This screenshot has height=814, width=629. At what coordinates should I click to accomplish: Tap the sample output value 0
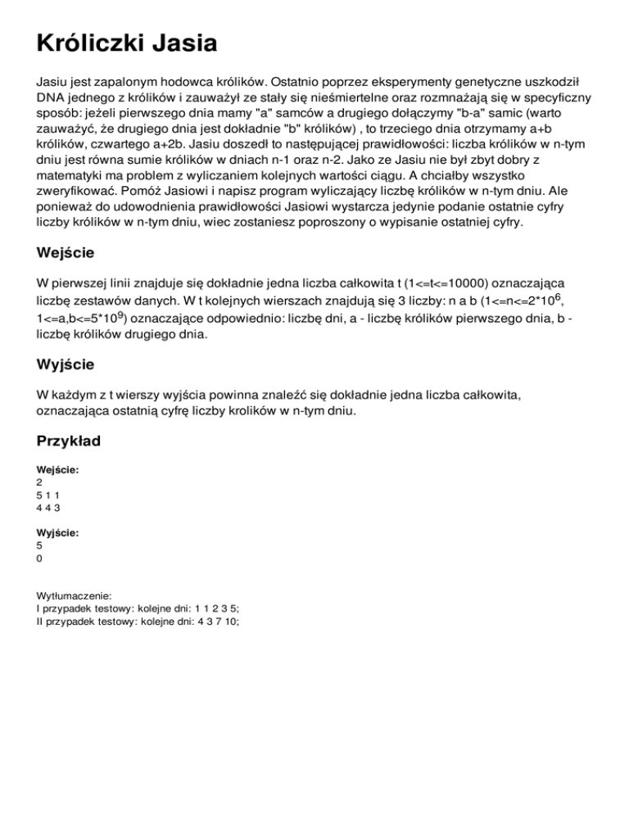tap(40, 558)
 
